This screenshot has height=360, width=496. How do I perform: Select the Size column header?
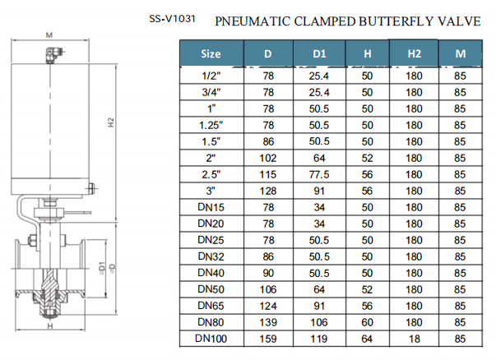point(211,54)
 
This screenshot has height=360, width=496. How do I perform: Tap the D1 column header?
point(320,54)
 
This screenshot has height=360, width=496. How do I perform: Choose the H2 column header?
point(414,54)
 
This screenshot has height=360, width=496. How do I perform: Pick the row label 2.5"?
point(211,174)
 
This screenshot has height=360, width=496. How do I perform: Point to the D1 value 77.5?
point(320,174)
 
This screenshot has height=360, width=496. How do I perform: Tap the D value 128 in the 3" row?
point(268,191)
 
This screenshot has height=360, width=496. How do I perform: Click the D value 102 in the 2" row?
point(268,158)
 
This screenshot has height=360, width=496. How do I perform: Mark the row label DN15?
point(211,207)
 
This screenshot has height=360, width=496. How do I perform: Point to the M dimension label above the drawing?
point(49,35)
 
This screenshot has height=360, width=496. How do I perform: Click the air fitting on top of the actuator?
point(51,56)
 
